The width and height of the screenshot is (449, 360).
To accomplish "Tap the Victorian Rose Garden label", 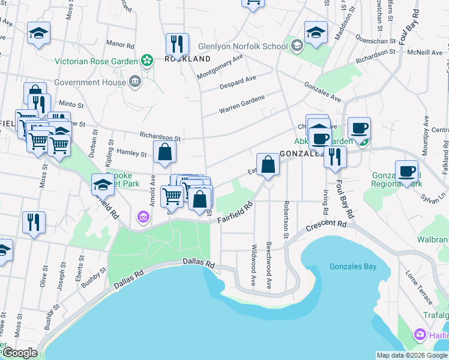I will [x=96, y=61].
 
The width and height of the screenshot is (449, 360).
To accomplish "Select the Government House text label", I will [x=89, y=82].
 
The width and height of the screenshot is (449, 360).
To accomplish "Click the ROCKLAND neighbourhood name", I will [x=188, y=59].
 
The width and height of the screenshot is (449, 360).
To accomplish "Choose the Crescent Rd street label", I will [x=326, y=226].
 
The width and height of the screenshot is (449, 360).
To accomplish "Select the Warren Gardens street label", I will [x=241, y=104].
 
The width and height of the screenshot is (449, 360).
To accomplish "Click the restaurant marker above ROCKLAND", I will [x=177, y=43].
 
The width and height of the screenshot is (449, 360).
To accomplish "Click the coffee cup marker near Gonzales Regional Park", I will [x=406, y=171].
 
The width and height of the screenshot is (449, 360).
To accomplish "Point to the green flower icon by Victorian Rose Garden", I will [x=146, y=60].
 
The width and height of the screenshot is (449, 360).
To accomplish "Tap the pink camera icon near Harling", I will [x=420, y=334].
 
